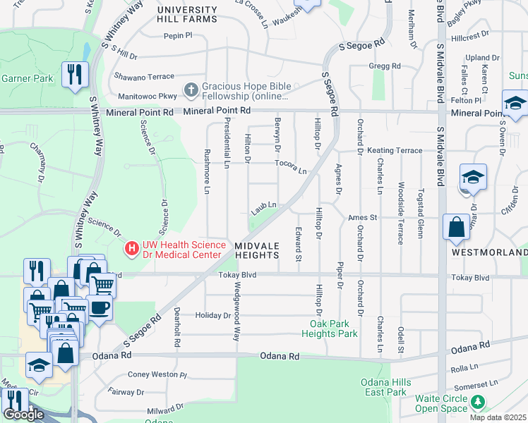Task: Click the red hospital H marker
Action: (x=131, y=249)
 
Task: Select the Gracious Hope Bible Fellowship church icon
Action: (x=190, y=90)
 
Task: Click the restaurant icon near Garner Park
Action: (x=73, y=73)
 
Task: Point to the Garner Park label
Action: (x=27, y=79)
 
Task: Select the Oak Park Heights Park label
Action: (x=334, y=329)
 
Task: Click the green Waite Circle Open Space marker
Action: (x=479, y=403)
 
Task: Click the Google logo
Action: (x=23, y=415)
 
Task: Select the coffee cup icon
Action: (x=100, y=307)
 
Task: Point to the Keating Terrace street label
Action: (x=394, y=150)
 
